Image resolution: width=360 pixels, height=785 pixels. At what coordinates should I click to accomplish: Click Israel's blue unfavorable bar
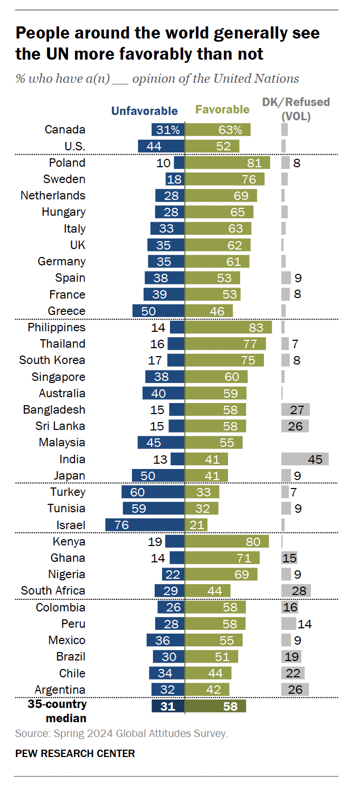click(145, 525)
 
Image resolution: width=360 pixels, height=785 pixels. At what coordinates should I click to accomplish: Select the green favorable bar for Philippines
click(228, 328)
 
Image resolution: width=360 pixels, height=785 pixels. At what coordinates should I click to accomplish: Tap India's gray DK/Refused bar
click(305, 459)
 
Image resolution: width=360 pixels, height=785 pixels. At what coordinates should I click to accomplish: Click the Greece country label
click(67, 311)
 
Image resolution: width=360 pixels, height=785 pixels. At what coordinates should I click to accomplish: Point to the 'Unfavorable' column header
click(144, 111)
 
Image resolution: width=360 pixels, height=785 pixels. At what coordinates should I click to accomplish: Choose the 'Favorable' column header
click(222, 110)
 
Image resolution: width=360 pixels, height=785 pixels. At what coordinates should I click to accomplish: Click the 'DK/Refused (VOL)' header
click(296, 109)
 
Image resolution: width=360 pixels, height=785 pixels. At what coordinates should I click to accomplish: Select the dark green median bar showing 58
click(215, 706)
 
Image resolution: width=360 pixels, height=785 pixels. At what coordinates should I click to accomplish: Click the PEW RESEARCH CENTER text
click(75, 753)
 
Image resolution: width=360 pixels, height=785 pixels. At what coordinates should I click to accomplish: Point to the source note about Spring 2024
click(121, 733)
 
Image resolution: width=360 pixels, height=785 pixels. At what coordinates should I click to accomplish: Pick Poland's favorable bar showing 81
click(227, 162)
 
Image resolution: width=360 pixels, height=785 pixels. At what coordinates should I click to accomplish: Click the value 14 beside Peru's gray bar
click(305, 624)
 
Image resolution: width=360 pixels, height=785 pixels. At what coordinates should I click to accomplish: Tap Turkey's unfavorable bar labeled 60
click(153, 492)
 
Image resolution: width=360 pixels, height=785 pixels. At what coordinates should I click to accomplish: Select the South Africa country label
click(53, 590)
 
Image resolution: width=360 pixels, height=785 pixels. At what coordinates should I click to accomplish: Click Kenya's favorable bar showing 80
click(226, 541)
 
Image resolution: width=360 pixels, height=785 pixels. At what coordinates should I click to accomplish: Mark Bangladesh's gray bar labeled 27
click(295, 410)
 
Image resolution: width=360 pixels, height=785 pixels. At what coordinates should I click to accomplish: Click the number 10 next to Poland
click(164, 162)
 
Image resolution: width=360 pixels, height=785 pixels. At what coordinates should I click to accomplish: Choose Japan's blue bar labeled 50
click(158, 475)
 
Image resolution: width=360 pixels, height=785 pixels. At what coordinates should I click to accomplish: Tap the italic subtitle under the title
click(157, 79)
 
